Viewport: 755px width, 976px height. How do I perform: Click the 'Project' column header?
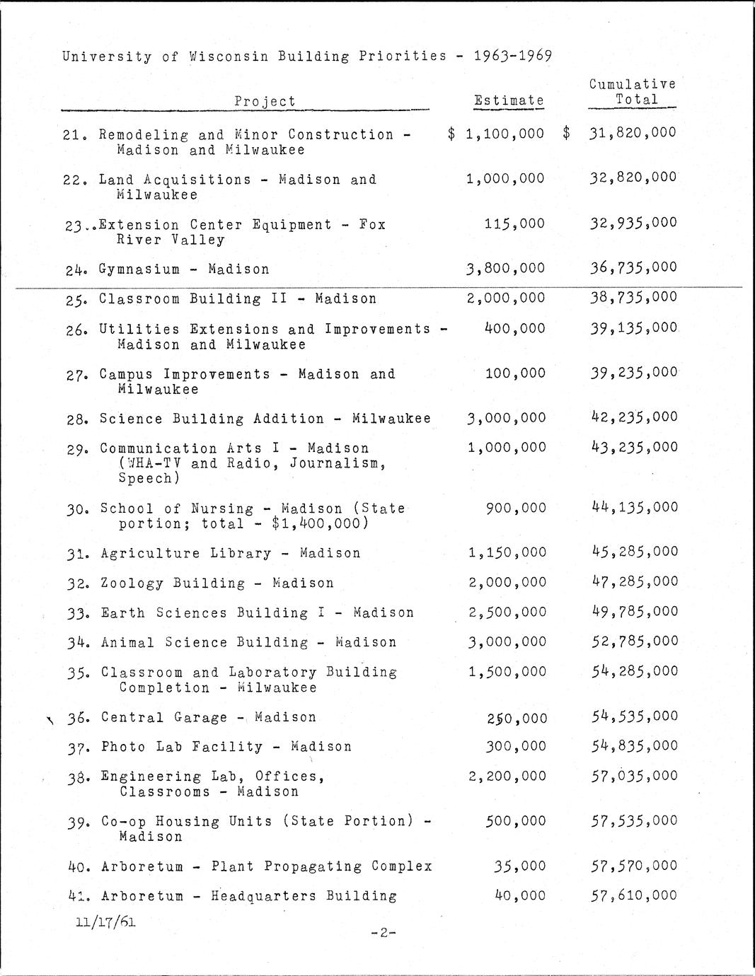point(265,101)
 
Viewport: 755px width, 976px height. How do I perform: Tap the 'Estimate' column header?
point(509,100)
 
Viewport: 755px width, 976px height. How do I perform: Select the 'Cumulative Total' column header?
point(632,92)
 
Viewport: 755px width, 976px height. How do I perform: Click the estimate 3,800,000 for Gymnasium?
point(505,268)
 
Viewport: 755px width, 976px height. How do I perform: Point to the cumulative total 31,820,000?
point(632,132)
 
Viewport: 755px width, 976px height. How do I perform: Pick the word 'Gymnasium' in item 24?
point(139,269)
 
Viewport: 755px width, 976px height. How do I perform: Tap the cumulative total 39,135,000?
point(634,328)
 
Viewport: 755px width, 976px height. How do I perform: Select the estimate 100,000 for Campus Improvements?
point(515,373)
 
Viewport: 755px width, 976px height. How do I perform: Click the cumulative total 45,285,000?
point(635,552)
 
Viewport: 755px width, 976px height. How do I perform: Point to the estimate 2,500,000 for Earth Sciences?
point(507,612)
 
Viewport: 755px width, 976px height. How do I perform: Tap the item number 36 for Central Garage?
point(78,718)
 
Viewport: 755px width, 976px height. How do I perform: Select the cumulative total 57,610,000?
point(635,895)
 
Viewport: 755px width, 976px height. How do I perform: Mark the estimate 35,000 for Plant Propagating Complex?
point(520,866)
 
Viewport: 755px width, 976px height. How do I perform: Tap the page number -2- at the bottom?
point(383,933)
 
